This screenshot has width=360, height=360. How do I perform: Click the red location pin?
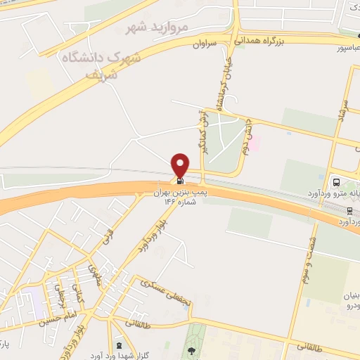pos(181,165)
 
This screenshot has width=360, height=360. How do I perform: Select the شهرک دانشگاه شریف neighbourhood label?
pos(102,63)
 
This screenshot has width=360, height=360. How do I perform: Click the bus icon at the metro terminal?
pos(335,180)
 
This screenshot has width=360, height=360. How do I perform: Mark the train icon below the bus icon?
pos(349,210)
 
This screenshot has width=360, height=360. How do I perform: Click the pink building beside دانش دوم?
pos(256,143)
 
